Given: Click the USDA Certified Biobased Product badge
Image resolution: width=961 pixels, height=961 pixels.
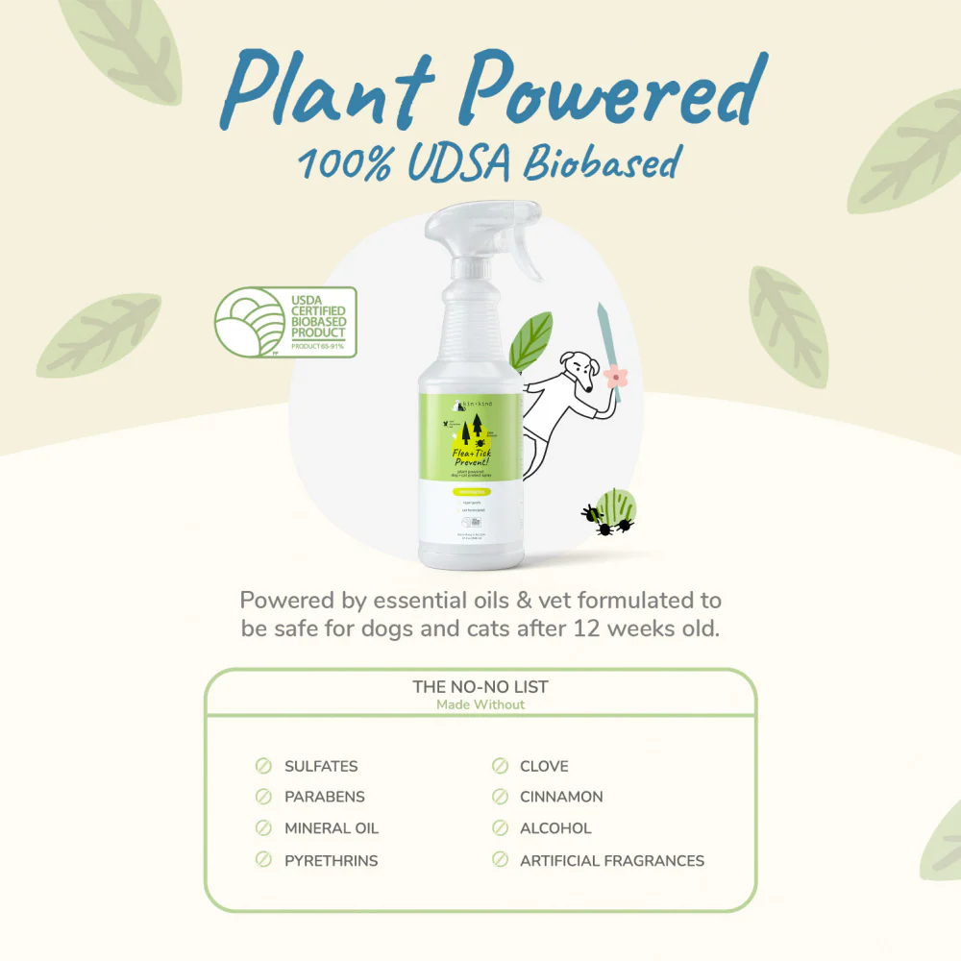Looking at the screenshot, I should [x=285, y=322].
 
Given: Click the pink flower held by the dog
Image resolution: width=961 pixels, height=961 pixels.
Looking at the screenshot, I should [x=616, y=376].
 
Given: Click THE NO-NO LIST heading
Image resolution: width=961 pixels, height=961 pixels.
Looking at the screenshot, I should [x=480, y=686].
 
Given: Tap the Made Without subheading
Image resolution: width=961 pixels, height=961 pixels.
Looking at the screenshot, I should [x=480, y=704].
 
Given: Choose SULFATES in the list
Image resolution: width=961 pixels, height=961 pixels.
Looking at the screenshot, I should [x=321, y=766].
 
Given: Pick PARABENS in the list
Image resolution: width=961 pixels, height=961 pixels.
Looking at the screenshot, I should [x=325, y=797].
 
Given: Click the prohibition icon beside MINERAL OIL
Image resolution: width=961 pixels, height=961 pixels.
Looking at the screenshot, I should [x=263, y=828].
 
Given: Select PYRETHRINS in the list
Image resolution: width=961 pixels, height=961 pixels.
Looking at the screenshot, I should [x=332, y=860].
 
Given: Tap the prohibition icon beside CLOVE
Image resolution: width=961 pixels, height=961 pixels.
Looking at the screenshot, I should [x=500, y=766].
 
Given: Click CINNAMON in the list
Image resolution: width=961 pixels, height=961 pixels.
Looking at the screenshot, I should [x=561, y=797].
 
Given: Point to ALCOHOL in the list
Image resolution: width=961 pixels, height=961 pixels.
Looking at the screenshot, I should [x=555, y=828].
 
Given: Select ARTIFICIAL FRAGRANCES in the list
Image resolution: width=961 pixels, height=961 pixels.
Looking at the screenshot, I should [x=612, y=860].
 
